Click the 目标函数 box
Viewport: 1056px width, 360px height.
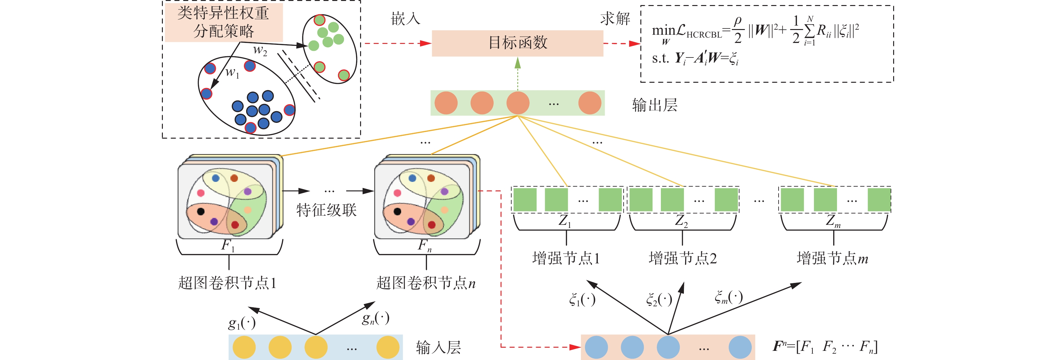point(517,43)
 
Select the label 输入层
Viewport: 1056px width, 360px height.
point(438,347)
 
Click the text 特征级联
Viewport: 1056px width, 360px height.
point(326,210)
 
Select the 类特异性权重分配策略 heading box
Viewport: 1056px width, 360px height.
point(223,22)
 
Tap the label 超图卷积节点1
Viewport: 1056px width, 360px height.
point(227,283)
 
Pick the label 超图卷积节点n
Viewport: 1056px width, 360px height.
point(425,283)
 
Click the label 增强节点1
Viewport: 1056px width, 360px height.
point(566,258)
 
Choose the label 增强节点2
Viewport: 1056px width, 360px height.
point(683,258)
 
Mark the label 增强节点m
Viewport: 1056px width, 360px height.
point(832,258)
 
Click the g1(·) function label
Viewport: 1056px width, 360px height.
point(242,323)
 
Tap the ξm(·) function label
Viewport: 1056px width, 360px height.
point(728,297)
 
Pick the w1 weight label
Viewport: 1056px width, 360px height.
point(232,73)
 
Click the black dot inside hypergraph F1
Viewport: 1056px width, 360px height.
point(201,212)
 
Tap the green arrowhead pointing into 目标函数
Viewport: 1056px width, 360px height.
point(518,63)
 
